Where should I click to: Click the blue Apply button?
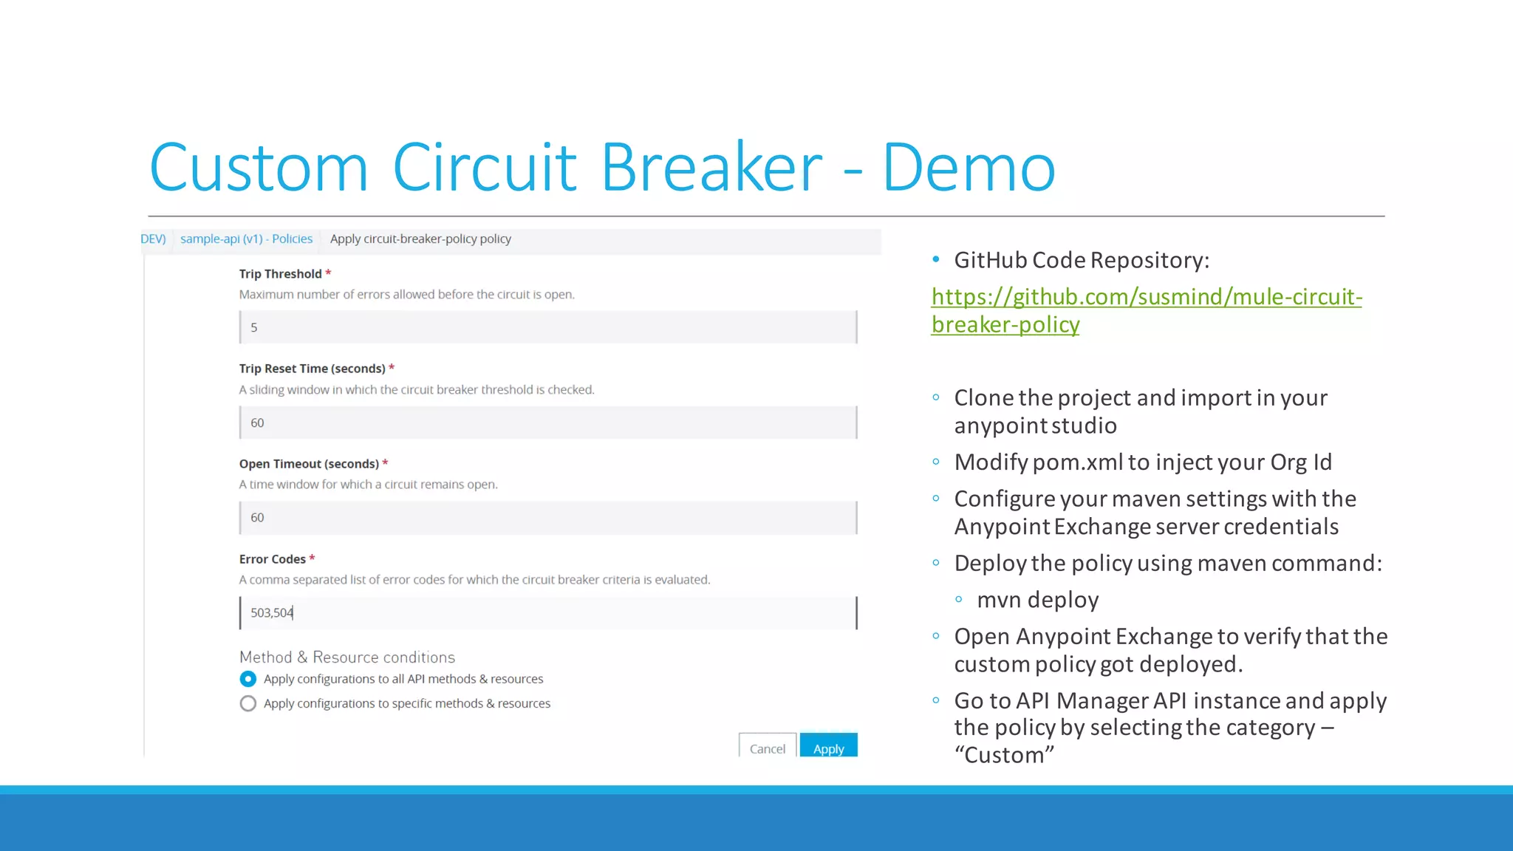[828, 747]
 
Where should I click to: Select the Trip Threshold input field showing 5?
[547, 327]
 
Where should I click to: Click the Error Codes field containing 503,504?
[547, 613]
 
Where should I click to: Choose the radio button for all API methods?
[248, 679]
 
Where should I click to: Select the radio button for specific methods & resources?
[248, 703]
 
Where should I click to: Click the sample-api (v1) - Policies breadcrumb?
[246, 239]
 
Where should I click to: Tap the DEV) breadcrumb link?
[153, 239]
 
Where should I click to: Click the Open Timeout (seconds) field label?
[308, 464]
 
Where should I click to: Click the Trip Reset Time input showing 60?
[547, 423]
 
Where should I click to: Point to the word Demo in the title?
[969, 168]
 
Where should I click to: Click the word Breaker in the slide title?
[711, 168]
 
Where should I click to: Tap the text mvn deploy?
[1037, 600]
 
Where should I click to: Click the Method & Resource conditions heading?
[346, 657]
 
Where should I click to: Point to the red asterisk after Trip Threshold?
[328, 273]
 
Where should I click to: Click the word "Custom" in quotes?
[1004, 755]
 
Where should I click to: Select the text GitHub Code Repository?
[1081, 260]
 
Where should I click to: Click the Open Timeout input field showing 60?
[547, 518]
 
